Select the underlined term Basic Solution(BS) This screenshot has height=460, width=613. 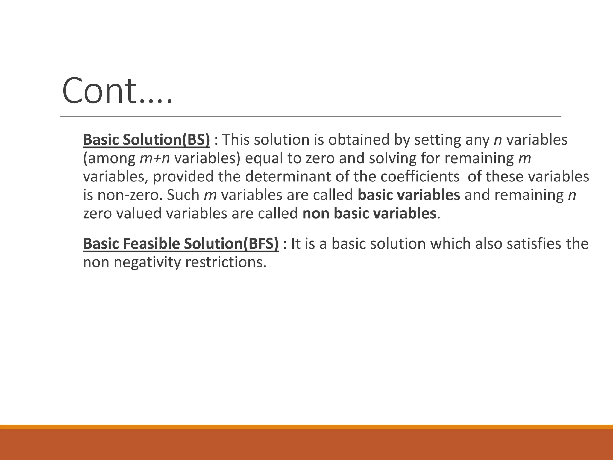[146, 140]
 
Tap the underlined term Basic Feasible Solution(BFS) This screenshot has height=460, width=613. [181, 244]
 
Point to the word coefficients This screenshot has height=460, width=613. [420, 177]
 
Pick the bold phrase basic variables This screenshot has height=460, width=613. [409, 195]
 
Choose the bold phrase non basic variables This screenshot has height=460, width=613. [369, 214]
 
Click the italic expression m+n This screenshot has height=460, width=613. [155, 158]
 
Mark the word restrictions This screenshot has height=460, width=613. [226, 262]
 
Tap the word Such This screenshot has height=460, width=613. [183, 195]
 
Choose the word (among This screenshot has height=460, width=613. [109, 158]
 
